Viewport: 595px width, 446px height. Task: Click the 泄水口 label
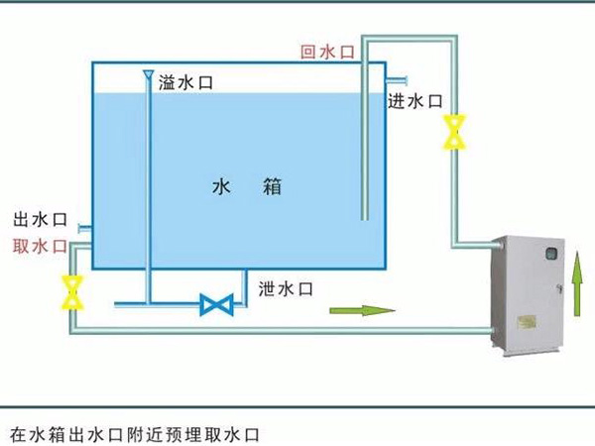286,288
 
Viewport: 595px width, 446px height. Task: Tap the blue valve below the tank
215,304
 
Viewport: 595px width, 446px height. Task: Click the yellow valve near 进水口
455,131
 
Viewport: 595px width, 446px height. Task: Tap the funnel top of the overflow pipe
148,75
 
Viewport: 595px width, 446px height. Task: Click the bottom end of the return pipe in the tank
364,218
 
